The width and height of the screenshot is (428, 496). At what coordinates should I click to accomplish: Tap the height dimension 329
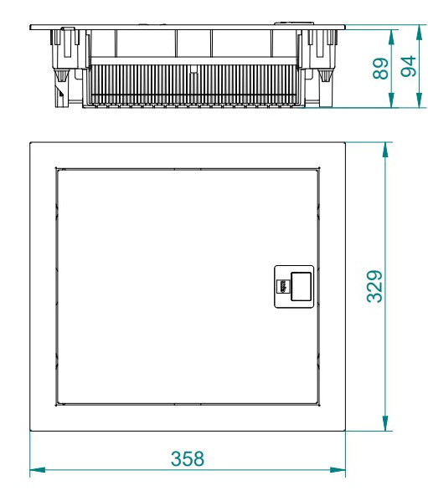tap(376, 286)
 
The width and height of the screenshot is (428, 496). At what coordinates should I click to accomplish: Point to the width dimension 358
tap(188, 458)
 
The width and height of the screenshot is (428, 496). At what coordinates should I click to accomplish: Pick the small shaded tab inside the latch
tap(283, 285)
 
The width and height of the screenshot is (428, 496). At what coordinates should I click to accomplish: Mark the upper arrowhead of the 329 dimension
tap(384, 148)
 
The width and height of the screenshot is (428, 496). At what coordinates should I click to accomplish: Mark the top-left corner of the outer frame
tap(30, 142)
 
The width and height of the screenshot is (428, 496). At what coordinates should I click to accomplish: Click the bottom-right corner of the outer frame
tap(346, 431)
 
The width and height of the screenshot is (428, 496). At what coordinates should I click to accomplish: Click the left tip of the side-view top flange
tap(30, 26)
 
